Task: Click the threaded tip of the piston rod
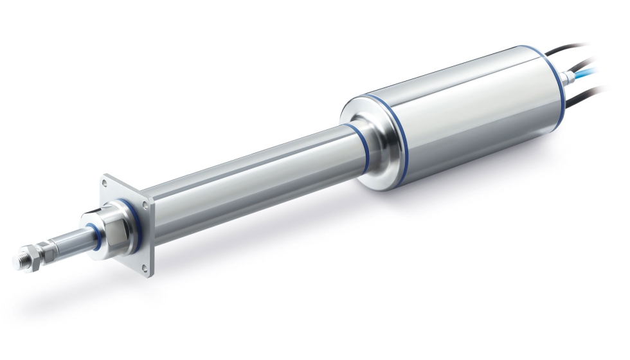click(21, 261)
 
